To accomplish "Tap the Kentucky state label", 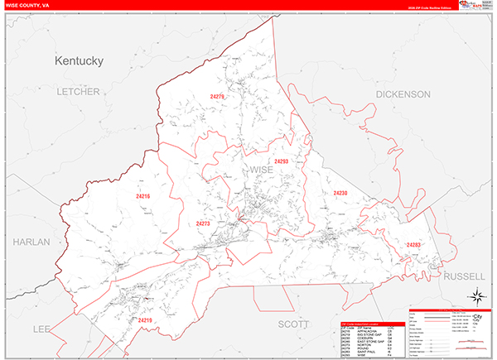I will (79, 61).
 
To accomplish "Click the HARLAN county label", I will (31, 242).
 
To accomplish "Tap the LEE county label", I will (41, 329).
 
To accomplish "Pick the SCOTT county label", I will (292, 324).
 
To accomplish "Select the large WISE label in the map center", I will (260, 170).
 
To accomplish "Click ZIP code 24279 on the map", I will (217, 97).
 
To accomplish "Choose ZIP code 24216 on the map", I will (142, 196).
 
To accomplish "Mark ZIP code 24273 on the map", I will (203, 223).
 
